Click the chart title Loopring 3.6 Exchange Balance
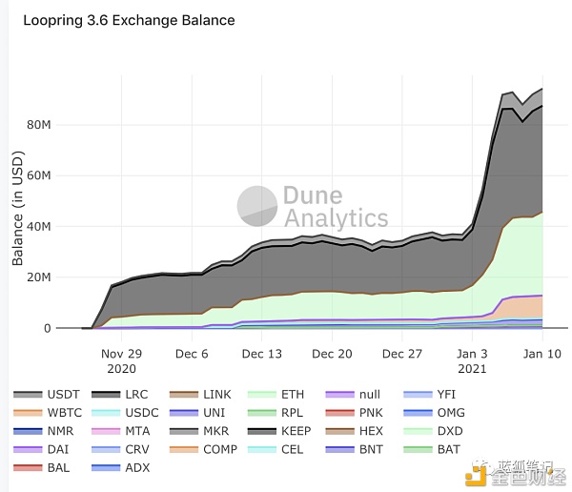click(129, 19)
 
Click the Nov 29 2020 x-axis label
click(122, 360)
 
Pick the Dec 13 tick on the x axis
click(261, 353)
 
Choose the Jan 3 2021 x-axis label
click(473, 360)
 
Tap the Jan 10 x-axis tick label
click(542, 353)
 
